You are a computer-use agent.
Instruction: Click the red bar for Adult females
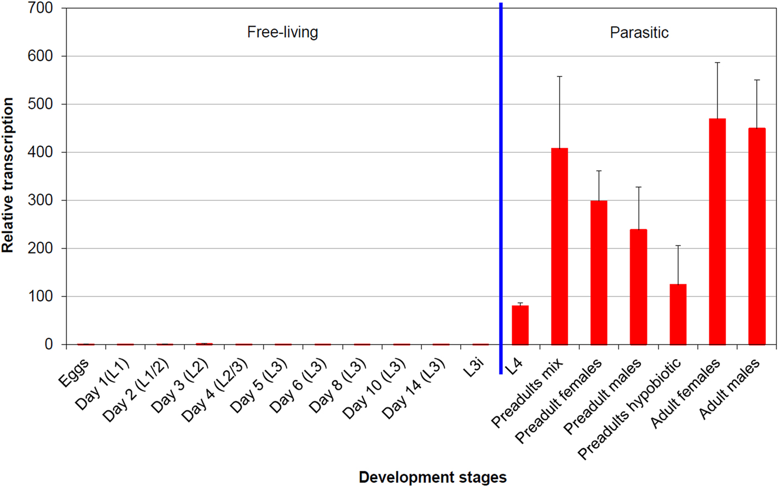tap(717, 232)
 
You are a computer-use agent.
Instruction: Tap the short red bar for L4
tap(520, 325)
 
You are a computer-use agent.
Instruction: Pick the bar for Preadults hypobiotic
tap(678, 315)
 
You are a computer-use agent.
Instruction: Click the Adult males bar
tap(757, 236)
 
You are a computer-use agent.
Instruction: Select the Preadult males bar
tap(639, 287)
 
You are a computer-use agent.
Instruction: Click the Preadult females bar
tap(599, 272)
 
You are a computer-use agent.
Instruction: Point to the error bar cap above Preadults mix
tap(560, 76)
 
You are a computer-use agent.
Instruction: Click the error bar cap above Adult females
tap(717, 62)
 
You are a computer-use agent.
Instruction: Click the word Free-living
tap(282, 32)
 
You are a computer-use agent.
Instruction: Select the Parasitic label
tap(639, 32)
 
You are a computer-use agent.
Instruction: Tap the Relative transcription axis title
tap(8, 175)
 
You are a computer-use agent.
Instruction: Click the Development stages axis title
tap(432, 477)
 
